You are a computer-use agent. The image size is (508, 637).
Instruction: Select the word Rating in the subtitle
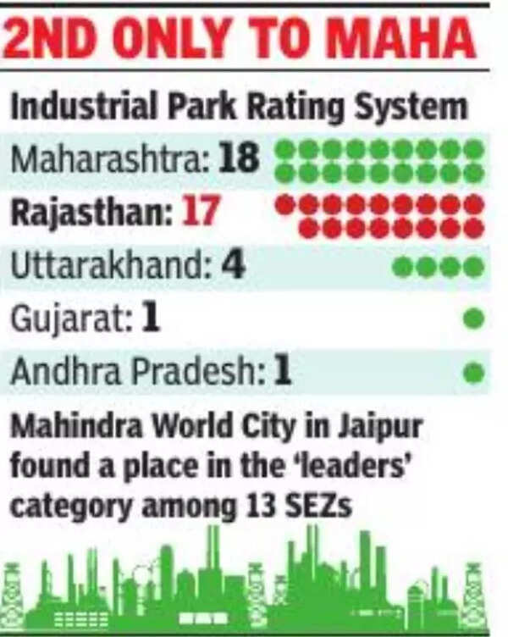(x=287, y=108)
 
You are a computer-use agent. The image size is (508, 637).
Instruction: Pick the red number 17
(x=202, y=212)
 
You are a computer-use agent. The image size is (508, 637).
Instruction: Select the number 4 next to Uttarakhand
(x=233, y=265)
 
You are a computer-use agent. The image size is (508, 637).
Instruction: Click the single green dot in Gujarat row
(x=474, y=319)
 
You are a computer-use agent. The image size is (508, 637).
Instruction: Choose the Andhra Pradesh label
(x=135, y=372)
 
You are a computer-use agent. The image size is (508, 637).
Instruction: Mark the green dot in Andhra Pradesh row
(x=474, y=372)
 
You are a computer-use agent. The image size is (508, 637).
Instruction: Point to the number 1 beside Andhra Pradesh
(x=282, y=372)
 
